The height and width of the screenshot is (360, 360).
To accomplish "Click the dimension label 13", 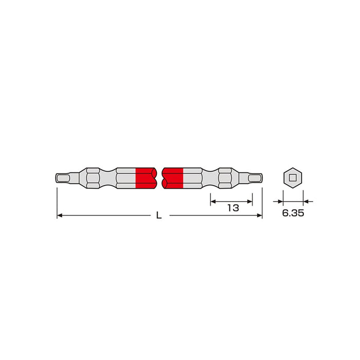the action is [233, 208].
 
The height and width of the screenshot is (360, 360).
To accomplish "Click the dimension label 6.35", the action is [293, 213].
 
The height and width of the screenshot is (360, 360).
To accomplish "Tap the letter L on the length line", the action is [159, 215].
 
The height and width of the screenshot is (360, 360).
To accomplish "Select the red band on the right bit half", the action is [172, 178].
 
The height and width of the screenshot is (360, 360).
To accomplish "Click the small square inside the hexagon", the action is [293, 178].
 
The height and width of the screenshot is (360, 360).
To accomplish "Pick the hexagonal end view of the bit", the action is [293, 178].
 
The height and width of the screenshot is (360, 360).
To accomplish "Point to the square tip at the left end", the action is [62, 178].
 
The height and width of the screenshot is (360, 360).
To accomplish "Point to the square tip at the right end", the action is [255, 178].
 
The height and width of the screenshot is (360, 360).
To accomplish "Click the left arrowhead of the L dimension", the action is [60, 215].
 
